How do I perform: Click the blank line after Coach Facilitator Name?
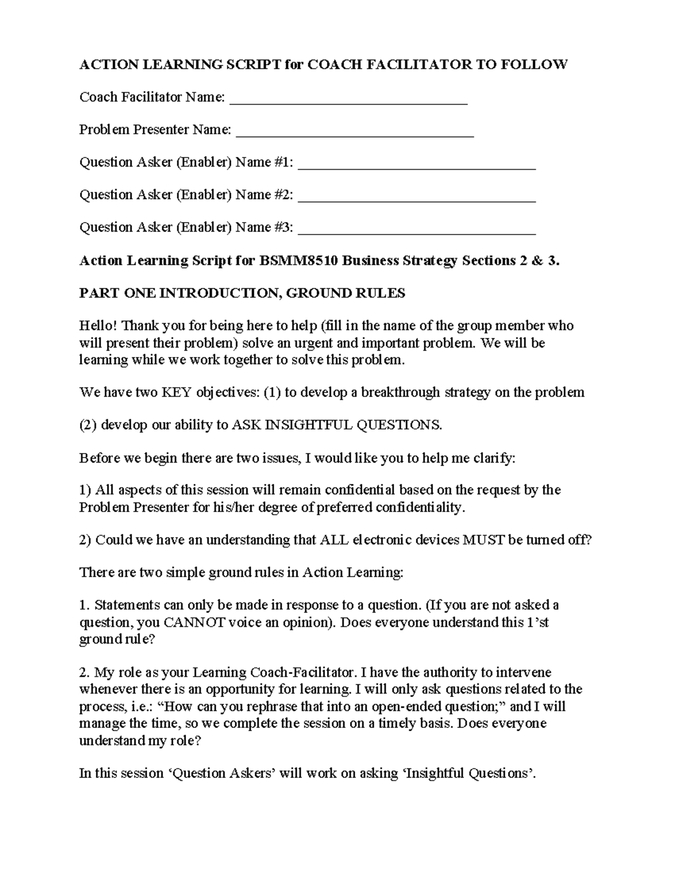click(349, 103)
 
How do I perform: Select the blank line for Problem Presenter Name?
click(355, 135)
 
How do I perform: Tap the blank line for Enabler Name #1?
click(417, 168)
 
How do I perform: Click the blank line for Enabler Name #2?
click(417, 201)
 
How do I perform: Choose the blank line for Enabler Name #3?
click(417, 233)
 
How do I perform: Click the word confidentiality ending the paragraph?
click(420, 508)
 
